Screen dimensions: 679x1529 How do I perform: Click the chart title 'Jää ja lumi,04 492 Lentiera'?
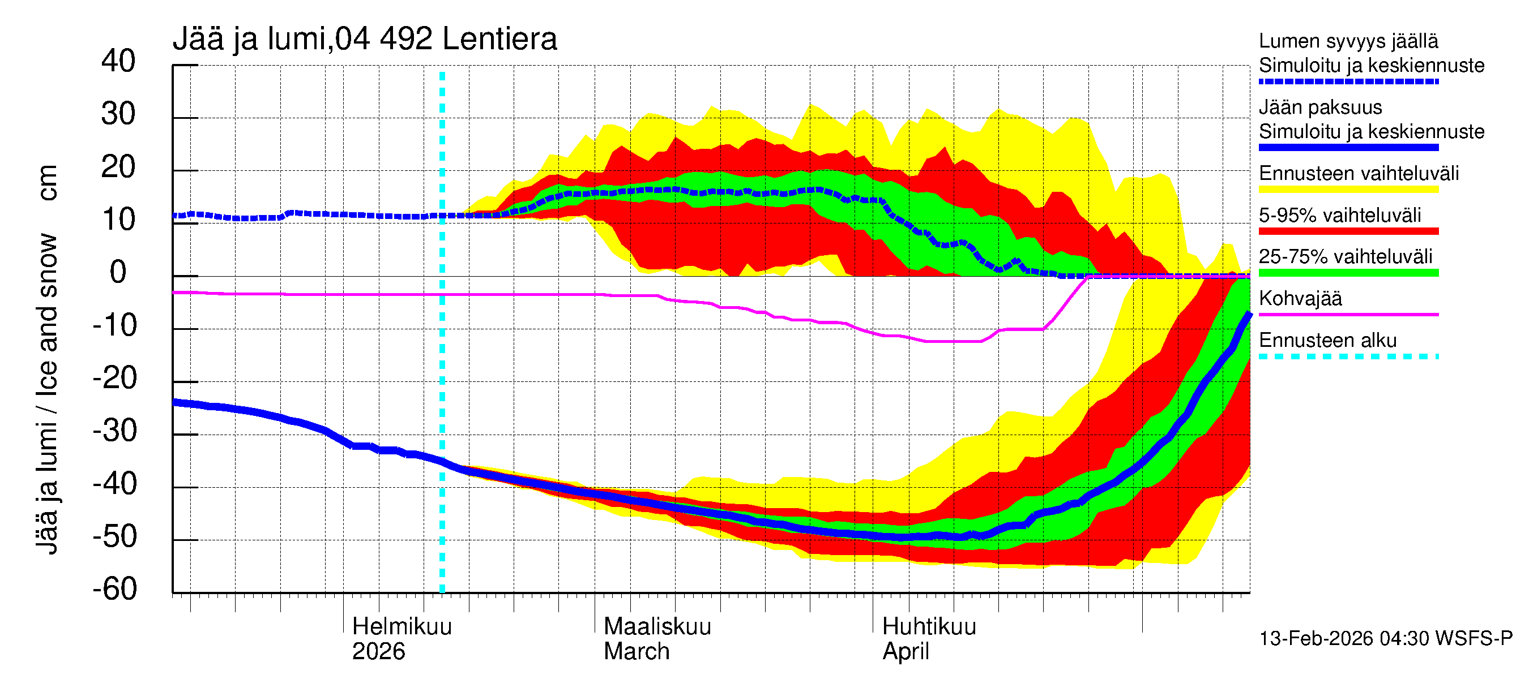pos(365,40)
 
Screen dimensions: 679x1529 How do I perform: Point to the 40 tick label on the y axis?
pos(118,61)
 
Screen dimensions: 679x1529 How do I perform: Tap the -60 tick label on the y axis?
pos(114,589)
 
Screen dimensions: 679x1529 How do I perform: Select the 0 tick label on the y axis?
pos(118,272)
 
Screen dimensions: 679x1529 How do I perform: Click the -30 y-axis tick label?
pos(114,431)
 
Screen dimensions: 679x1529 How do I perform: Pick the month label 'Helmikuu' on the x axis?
pos(402,627)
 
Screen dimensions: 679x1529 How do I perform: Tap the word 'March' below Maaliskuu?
pos(637,652)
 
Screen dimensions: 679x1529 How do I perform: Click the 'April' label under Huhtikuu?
pos(905,652)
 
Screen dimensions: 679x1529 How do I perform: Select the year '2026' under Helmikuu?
pos(378,652)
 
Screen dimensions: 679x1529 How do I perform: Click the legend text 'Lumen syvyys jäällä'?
pos(1348,41)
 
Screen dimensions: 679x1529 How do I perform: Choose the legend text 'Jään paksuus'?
pos(1320,108)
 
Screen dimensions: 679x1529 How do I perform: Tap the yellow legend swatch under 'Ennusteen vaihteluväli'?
pos(1348,190)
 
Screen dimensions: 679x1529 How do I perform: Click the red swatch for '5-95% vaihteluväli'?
pos(1348,231)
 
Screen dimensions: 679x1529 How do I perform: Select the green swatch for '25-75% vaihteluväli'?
pos(1348,273)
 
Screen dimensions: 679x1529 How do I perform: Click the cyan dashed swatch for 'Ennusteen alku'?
pos(1348,357)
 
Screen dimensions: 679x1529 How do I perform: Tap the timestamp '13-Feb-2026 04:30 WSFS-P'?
pos(1385,639)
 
